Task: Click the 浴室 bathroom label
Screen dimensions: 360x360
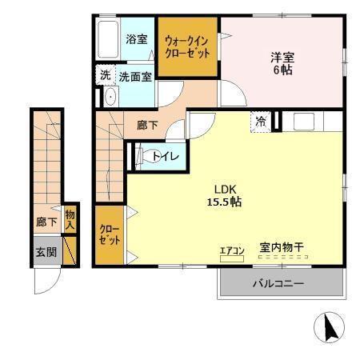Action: [x=136, y=39]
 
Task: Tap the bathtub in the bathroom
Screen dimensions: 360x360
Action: [x=107, y=39]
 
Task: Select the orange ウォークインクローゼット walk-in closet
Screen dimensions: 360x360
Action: [x=187, y=47]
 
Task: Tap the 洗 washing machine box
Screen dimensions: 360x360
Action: [x=105, y=76]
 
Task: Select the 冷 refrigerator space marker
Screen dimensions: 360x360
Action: [x=260, y=122]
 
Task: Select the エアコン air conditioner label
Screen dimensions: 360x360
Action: [x=231, y=250]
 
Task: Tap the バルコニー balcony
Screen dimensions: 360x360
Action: [x=279, y=282]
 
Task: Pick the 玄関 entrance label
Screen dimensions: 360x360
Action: [x=46, y=252]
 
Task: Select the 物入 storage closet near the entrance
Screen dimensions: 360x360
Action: [x=70, y=218]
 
